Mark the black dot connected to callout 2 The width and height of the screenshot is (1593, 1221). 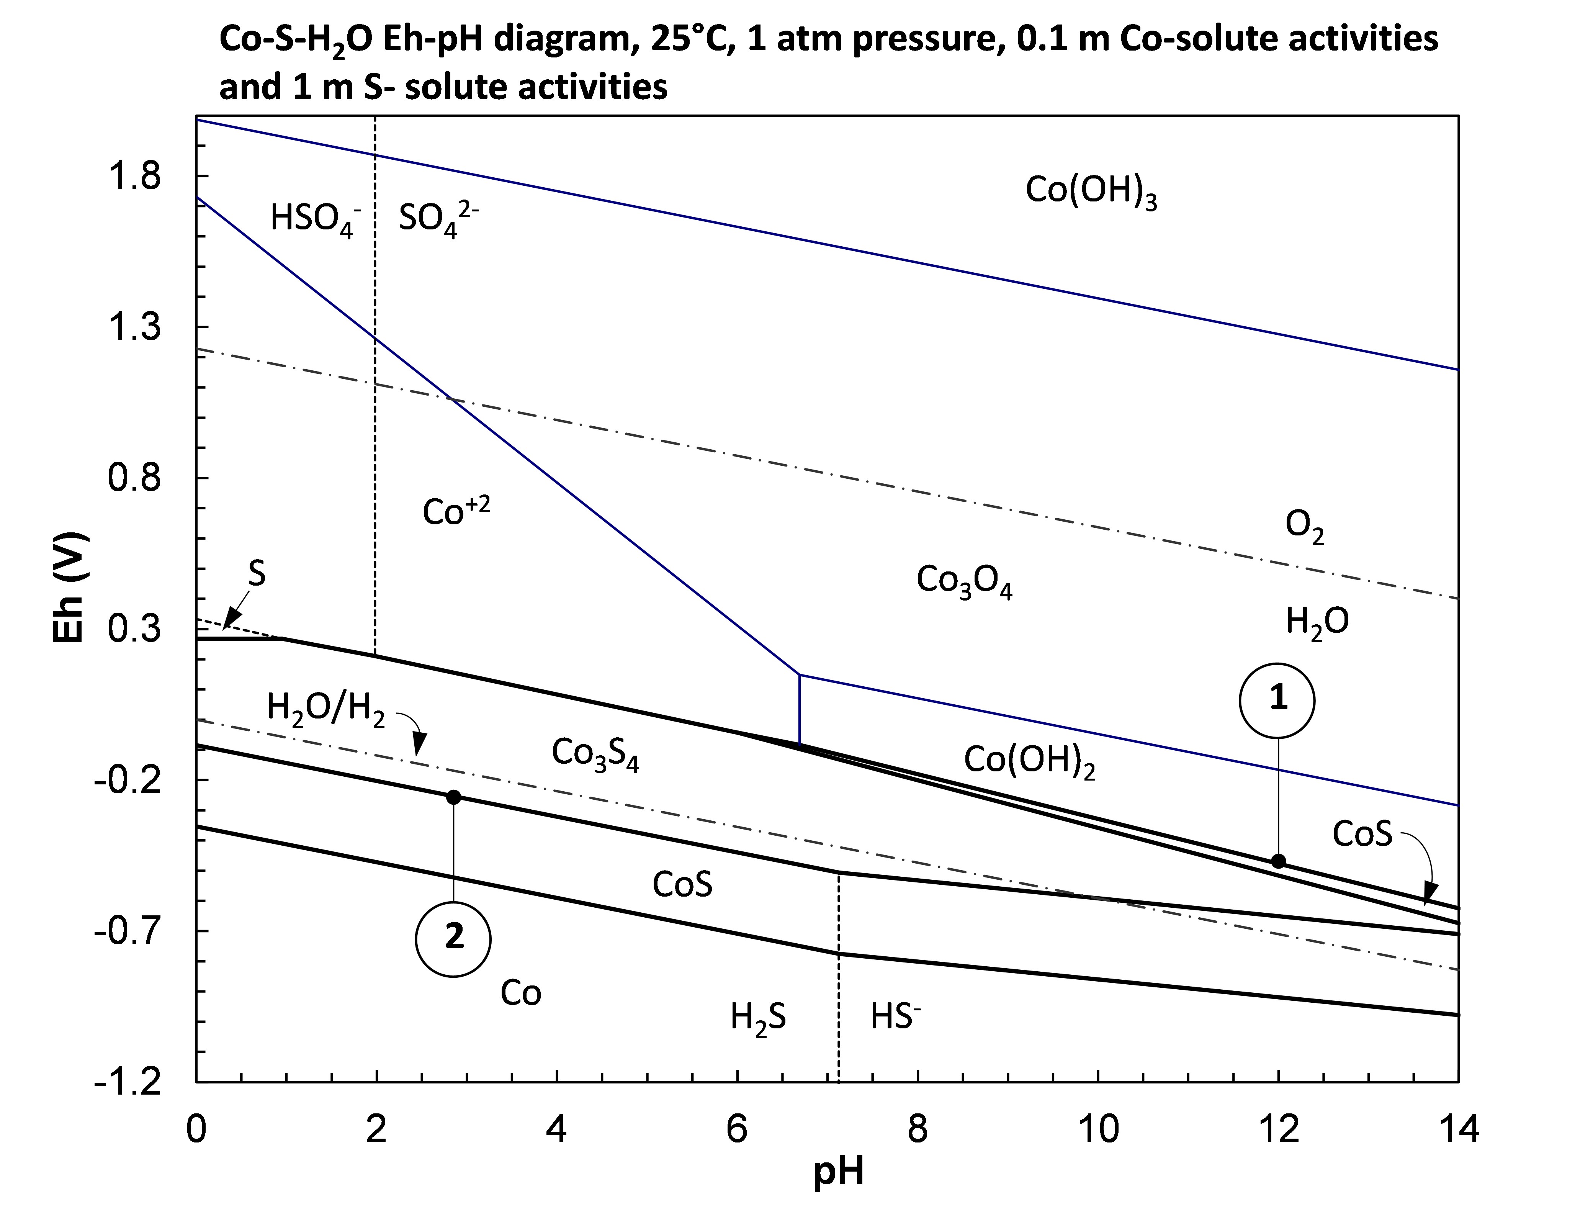pos(453,797)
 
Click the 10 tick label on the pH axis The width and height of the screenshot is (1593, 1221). pos(1098,1131)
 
